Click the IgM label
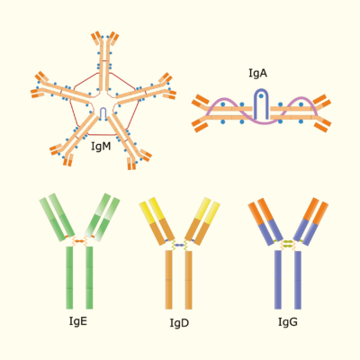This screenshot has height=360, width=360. click(101, 147)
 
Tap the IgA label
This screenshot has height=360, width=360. click(257, 73)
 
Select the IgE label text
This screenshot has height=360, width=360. click(78, 321)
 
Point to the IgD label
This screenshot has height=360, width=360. click(179, 323)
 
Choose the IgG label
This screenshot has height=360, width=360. click(288, 322)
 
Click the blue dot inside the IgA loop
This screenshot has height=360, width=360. click(261, 96)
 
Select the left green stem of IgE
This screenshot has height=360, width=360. click(69, 277)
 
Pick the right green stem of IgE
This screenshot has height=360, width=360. click(89, 277)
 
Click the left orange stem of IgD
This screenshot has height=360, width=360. click(169, 280)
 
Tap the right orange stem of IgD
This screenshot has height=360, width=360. click(188, 280)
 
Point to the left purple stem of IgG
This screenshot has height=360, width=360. click(278, 280)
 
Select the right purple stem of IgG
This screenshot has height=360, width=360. click(298, 280)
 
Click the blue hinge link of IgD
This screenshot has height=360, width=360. click(179, 245)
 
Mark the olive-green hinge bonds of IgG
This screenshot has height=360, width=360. click(288, 244)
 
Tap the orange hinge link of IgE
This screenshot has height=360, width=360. click(79, 241)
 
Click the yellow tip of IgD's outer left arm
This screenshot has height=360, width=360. click(147, 212)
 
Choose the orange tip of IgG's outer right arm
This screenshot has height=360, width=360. click(320, 213)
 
